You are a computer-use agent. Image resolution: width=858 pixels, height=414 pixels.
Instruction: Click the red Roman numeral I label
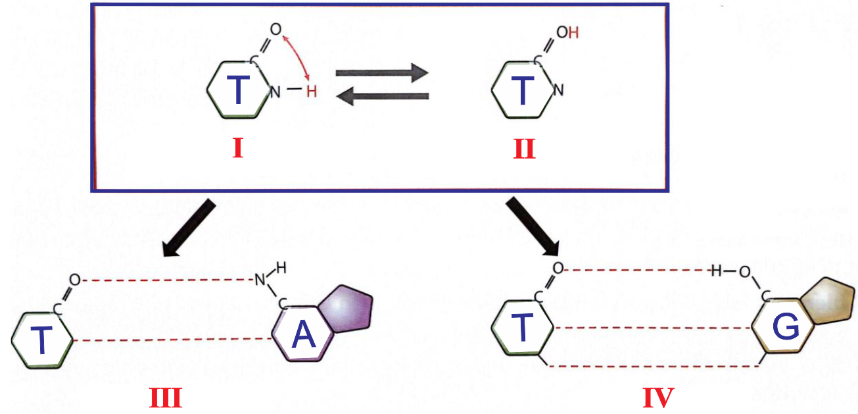[x=238, y=148]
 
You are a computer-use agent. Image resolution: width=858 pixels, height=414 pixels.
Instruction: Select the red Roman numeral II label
[x=524, y=149]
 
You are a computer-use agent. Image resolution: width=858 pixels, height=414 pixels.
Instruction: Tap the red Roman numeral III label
[x=166, y=398]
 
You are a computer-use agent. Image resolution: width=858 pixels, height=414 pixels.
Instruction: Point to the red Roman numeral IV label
[x=658, y=398]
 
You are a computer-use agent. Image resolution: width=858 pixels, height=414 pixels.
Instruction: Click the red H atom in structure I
[x=312, y=91]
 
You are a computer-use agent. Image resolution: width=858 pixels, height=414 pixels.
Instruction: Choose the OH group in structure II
[x=567, y=33]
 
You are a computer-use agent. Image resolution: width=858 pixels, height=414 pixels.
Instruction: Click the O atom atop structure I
[x=275, y=29]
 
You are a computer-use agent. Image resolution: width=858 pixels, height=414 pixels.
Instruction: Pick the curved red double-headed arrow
[x=300, y=54]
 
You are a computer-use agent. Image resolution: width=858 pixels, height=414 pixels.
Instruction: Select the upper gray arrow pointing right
[x=382, y=72]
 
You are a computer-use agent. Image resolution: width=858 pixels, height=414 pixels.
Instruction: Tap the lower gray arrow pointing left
[x=383, y=96]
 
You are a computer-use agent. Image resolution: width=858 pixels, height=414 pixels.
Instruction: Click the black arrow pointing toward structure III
[x=189, y=228]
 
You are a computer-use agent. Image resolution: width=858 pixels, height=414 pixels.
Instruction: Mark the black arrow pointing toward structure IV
[x=533, y=226]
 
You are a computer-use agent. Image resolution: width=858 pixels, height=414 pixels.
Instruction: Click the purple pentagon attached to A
[x=346, y=309]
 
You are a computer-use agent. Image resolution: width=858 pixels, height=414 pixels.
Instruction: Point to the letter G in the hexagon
[x=786, y=328]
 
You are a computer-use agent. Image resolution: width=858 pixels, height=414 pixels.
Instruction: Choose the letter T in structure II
[x=523, y=90]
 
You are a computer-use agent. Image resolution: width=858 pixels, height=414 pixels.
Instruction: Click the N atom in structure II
[x=558, y=90]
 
